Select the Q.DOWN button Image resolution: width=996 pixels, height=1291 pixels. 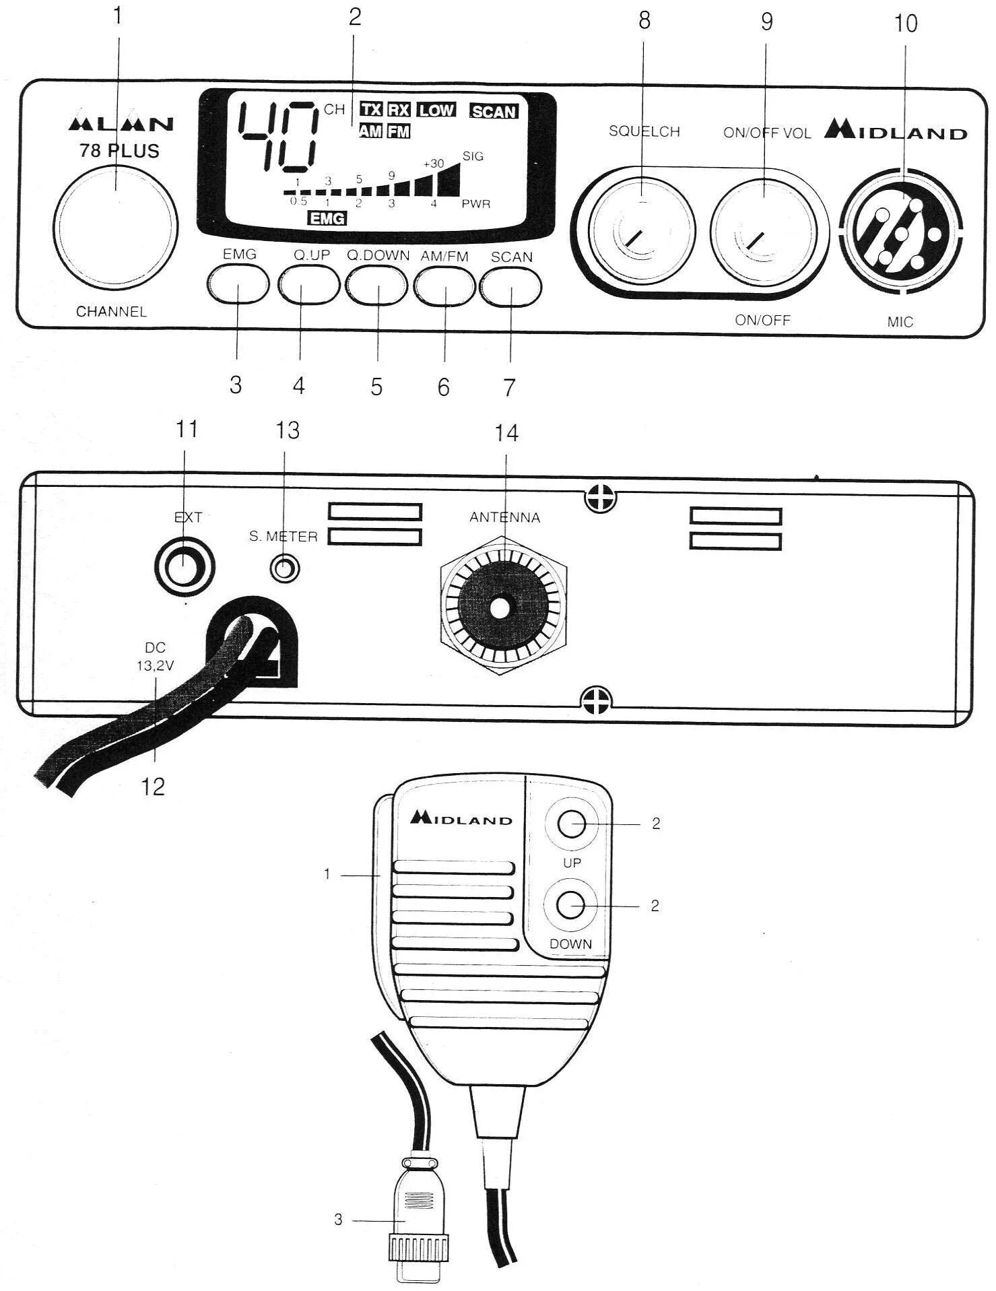click(377, 285)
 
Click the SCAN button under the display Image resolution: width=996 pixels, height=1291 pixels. click(511, 286)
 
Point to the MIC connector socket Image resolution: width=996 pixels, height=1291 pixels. click(901, 232)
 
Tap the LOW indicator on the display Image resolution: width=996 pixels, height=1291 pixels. click(436, 110)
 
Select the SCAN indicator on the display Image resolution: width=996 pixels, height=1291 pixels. click(494, 112)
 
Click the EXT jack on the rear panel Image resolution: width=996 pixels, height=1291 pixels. click(184, 566)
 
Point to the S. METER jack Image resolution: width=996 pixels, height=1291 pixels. click(284, 568)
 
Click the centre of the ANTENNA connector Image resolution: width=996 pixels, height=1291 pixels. click(500, 607)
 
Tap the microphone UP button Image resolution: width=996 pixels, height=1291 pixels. click(572, 823)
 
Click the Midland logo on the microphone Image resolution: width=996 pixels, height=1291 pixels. click(461, 818)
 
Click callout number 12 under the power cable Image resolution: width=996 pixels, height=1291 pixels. click(154, 786)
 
